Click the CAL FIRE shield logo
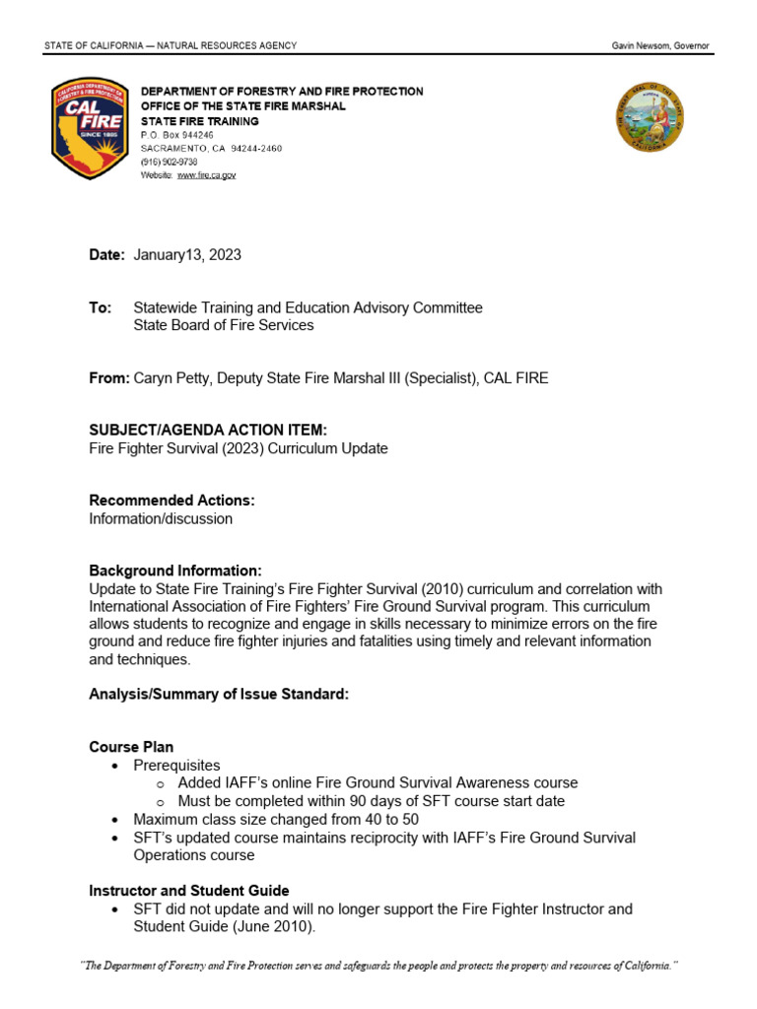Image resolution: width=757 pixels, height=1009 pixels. click(90, 129)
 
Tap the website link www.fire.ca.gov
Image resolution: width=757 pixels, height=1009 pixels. click(206, 175)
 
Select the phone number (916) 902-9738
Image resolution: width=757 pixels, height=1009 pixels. click(169, 162)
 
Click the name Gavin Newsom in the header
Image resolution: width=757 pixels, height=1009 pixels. click(642, 46)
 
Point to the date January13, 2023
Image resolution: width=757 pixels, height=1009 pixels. click(187, 255)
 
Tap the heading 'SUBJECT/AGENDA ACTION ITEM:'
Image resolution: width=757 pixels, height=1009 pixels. click(207, 431)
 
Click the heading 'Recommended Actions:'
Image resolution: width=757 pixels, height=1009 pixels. click(172, 501)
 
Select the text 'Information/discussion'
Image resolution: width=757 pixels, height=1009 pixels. click(161, 518)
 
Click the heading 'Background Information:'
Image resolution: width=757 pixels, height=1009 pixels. click(175, 571)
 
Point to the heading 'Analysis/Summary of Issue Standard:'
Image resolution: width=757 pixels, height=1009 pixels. click(219, 695)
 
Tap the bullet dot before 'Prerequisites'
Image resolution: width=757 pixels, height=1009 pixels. click(115, 766)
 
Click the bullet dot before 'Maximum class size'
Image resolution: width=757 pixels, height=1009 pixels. click(115, 820)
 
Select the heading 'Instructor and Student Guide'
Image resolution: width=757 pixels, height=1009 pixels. click(189, 891)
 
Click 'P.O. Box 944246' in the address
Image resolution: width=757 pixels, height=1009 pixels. click(176, 134)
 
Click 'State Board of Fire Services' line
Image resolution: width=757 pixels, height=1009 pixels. click(224, 325)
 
